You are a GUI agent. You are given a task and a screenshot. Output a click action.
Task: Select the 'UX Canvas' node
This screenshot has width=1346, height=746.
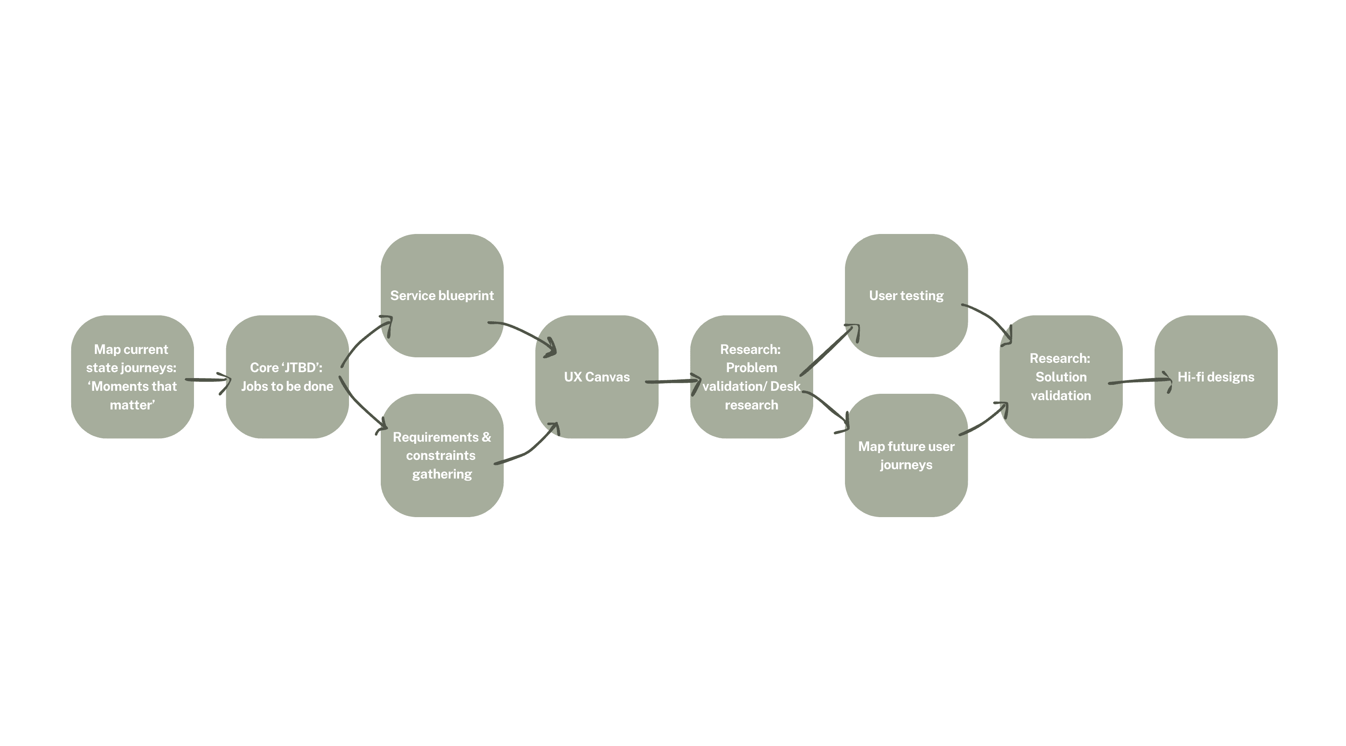coord(596,377)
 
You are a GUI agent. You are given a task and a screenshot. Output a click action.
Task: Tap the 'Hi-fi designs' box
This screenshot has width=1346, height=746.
coord(1216,377)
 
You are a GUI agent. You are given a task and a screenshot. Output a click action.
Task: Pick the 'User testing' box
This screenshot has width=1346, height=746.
coord(906,295)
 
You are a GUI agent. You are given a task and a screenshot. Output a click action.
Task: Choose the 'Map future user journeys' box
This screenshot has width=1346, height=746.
coord(906,455)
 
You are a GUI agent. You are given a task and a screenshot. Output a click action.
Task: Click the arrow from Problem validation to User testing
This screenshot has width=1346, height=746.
coord(828,350)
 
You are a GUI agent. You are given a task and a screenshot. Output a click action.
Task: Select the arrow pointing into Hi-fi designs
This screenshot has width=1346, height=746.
coord(1139,381)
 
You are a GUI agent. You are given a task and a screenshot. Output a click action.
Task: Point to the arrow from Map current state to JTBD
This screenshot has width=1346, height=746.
coord(208,380)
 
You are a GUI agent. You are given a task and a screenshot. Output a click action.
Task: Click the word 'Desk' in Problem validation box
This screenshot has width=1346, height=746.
coord(785,386)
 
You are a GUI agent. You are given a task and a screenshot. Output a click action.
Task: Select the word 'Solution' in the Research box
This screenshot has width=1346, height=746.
coord(1061,377)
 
